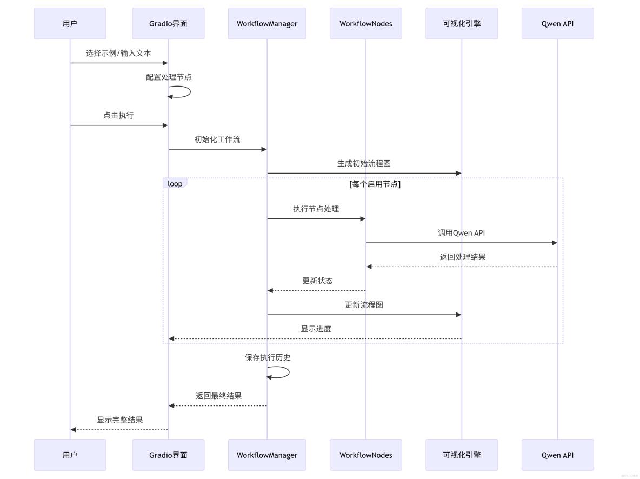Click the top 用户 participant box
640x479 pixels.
point(70,23)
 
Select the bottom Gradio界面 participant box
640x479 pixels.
point(168,455)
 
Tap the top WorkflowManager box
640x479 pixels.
point(267,23)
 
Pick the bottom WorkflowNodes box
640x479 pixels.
point(366,455)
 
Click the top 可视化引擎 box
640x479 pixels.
point(462,23)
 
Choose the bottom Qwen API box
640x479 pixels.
point(557,455)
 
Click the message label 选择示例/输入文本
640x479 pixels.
point(118,53)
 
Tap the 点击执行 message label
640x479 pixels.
point(118,116)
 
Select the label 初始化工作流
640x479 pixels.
point(217,139)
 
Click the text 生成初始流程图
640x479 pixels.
point(364,163)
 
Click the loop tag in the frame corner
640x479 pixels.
point(175,184)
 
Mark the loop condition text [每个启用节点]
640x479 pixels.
point(375,184)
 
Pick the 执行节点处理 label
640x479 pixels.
point(316,209)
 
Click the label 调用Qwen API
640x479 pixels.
point(461,233)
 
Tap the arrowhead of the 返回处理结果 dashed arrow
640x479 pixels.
point(369,267)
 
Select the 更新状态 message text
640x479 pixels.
point(317,281)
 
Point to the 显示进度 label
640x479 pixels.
point(316,329)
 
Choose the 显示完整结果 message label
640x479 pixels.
point(119,420)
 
